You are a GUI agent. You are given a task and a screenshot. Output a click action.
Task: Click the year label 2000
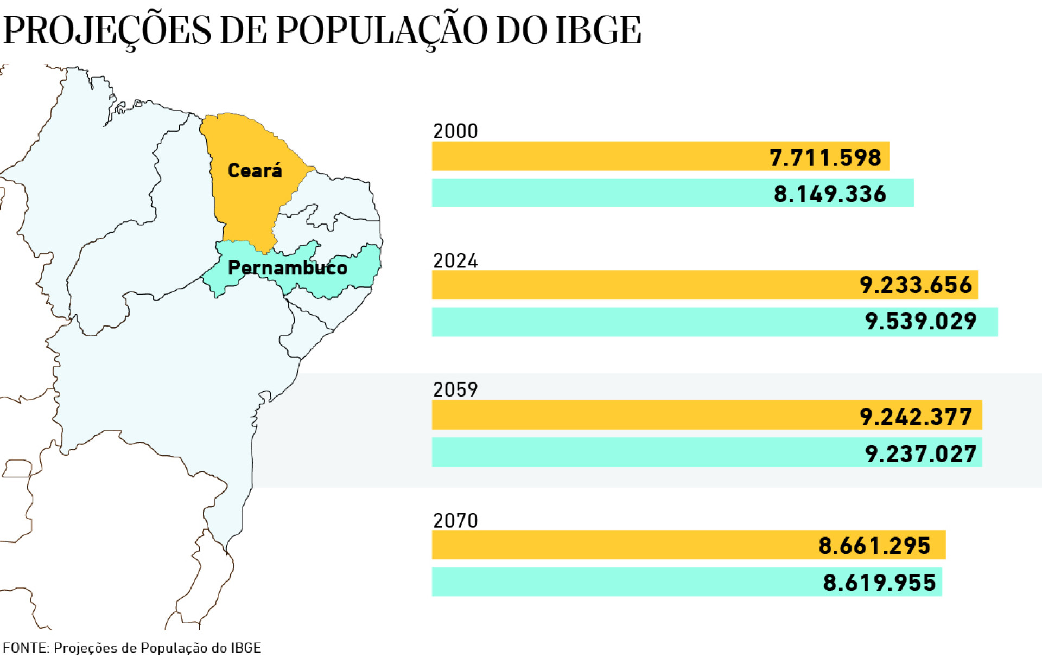coord(455,131)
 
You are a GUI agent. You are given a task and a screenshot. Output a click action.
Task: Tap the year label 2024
coord(455,261)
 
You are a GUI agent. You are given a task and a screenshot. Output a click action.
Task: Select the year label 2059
coord(455,389)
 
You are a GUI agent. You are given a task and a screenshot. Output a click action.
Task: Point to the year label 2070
coord(455,521)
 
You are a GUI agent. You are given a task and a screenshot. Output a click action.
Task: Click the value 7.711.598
coord(825,158)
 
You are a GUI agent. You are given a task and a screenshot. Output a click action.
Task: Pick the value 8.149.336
coord(830,194)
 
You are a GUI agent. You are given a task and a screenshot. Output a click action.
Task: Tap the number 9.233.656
coord(916,285)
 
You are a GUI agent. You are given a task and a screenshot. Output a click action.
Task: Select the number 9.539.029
coord(920,322)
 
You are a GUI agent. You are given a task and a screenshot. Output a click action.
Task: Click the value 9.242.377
coord(916,417)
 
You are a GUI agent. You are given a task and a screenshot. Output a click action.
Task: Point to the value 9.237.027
coord(920,453)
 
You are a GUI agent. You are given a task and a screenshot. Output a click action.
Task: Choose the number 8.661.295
coord(874,546)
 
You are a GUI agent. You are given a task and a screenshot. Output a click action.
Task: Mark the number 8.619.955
coord(879,583)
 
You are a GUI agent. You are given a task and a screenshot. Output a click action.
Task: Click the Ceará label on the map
coord(255,171)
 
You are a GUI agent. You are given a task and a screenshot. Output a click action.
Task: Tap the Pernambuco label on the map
coord(288,267)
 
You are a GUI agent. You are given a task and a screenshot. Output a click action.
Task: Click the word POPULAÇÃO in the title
coord(381,30)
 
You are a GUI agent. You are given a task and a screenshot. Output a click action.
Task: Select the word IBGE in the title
coord(598,30)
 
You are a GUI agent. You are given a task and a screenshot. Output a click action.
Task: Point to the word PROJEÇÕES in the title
coord(107,30)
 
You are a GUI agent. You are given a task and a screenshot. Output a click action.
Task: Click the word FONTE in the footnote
coord(26,648)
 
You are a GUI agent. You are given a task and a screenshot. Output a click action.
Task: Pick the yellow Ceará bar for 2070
coord(624,545)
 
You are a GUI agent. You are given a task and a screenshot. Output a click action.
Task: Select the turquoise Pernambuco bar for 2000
coord(597,193)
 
